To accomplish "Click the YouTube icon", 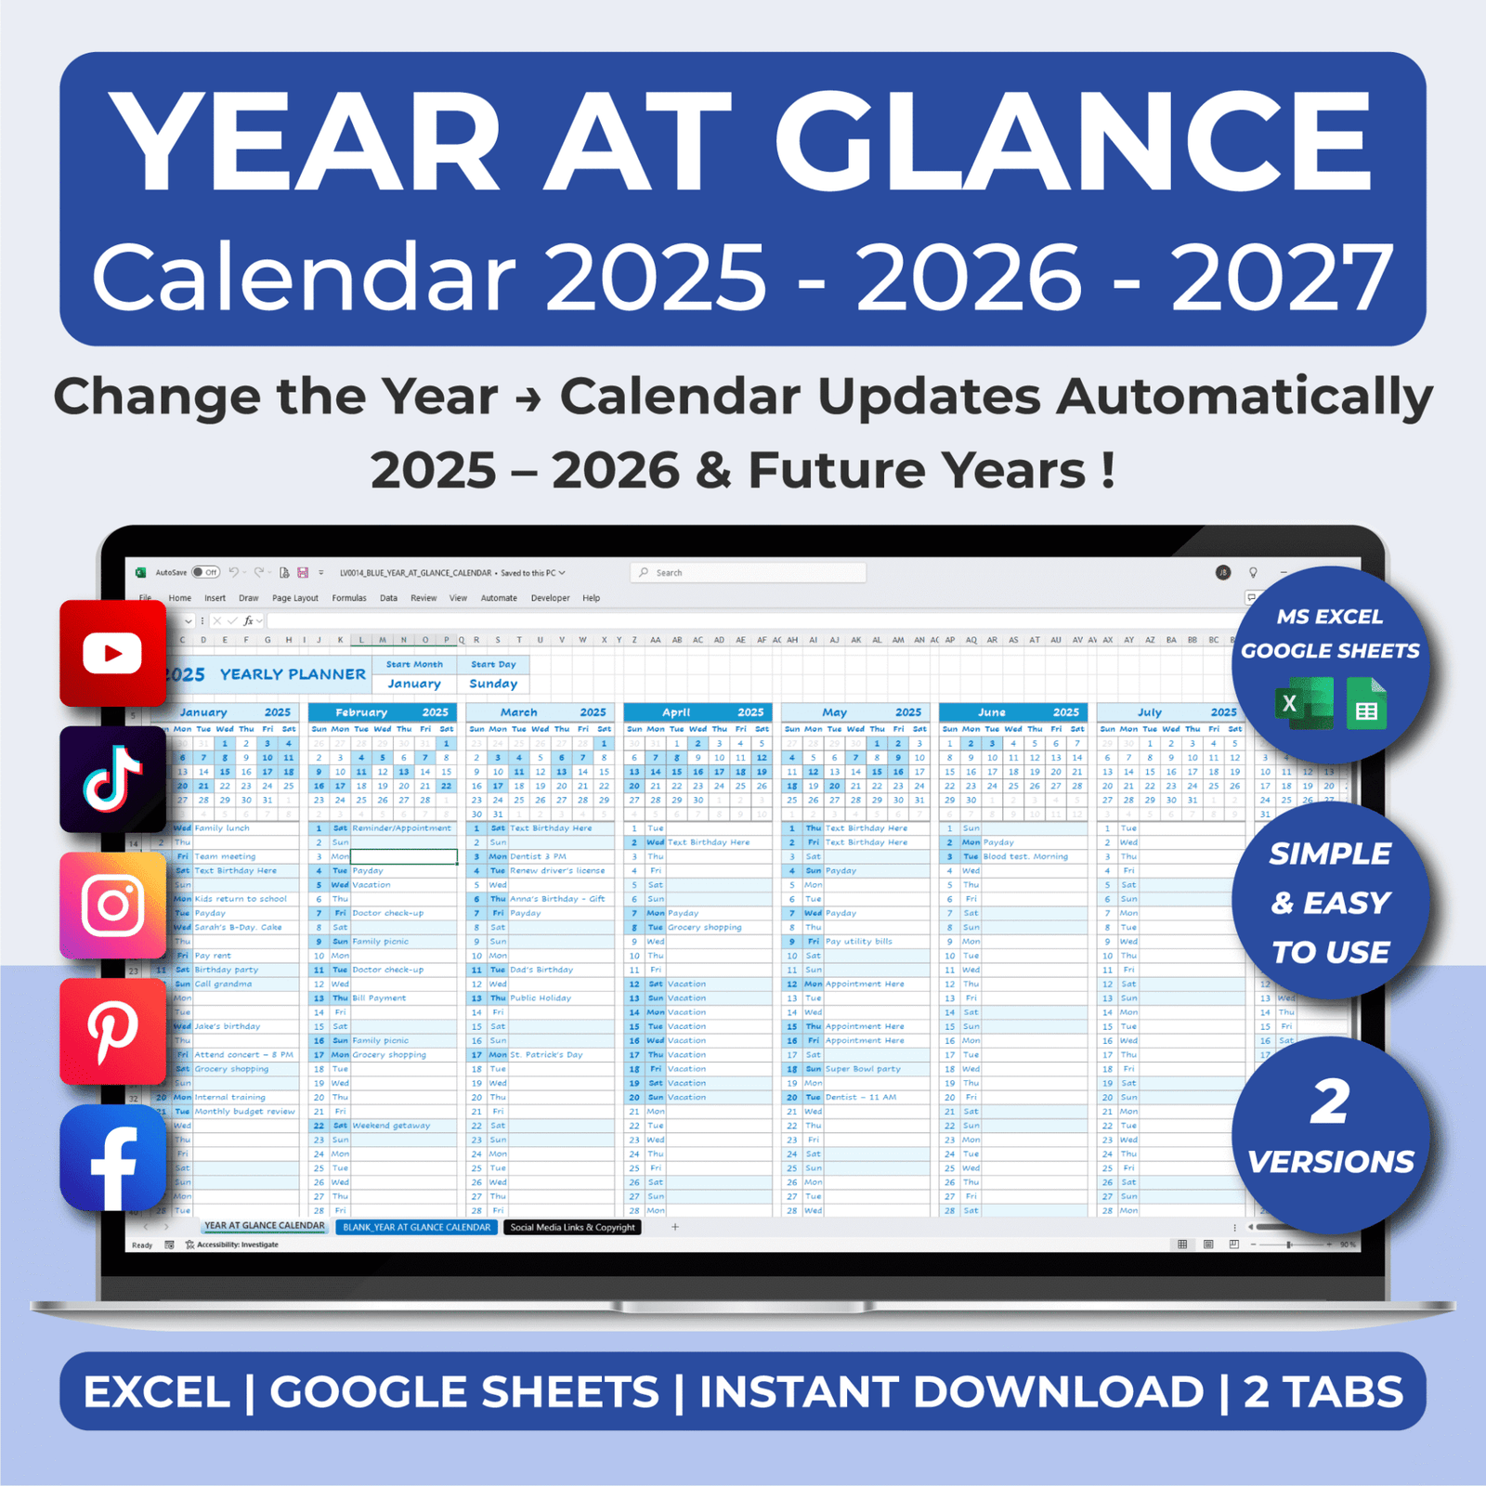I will click(x=112, y=654).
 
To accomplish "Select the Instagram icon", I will click(x=112, y=906).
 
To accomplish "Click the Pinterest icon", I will click(x=112, y=1031).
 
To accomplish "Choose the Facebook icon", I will click(x=112, y=1158).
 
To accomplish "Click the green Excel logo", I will click(x=1302, y=703).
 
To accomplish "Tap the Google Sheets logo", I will click(x=1365, y=705).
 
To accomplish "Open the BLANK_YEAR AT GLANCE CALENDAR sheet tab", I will click(x=416, y=1227).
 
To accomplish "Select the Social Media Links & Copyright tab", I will click(x=572, y=1227).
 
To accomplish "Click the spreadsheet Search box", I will click(x=749, y=573).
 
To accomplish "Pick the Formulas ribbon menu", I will click(x=349, y=598).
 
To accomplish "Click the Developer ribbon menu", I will click(x=550, y=598).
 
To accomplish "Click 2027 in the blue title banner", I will click(x=1282, y=277).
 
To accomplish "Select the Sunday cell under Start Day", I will click(x=493, y=684).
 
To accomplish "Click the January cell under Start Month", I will click(x=414, y=684).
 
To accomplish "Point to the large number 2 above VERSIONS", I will click(x=1329, y=1102).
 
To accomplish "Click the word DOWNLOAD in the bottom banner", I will click(x=1059, y=1391).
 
